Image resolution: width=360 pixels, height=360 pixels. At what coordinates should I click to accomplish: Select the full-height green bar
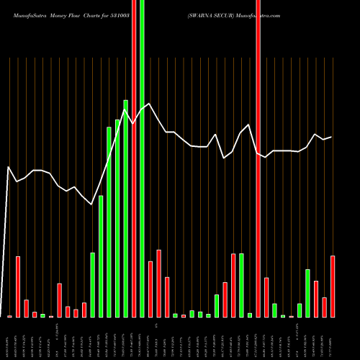pyautogui.click(x=142, y=144)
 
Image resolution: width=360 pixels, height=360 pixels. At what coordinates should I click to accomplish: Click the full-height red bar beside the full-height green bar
pyautogui.click(x=134, y=144)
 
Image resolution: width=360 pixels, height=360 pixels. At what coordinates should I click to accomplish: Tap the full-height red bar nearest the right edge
pyautogui.click(x=258, y=144)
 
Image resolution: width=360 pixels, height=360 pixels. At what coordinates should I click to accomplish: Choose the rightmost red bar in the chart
pyautogui.click(x=333, y=287)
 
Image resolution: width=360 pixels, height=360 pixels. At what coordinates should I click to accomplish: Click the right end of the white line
pyautogui.click(x=331, y=137)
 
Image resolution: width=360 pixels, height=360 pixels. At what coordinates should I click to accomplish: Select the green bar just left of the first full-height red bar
pyautogui.click(x=126, y=209)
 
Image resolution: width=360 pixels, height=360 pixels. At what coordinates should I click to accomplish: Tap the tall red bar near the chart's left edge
pyautogui.click(x=18, y=287)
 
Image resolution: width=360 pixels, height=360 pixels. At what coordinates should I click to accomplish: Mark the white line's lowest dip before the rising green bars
pyautogui.click(x=92, y=205)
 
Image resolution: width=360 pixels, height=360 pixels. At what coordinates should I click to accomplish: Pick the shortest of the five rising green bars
pyautogui.click(x=93, y=285)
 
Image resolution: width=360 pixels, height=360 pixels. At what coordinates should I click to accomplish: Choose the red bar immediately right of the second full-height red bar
pyautogui.click(x=266, y=297)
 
